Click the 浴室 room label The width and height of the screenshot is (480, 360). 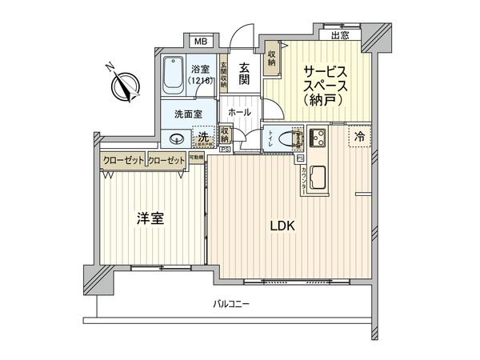pos(200,70)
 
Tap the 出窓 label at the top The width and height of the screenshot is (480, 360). pos(338,34)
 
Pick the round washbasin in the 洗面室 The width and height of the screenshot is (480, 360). pos(175,137)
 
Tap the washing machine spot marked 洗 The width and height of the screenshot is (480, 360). pos(205,137)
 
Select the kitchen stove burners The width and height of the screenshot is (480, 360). pos(317,138)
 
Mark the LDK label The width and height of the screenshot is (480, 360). pos(281,226)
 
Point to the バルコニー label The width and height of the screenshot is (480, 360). pos(231,304)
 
